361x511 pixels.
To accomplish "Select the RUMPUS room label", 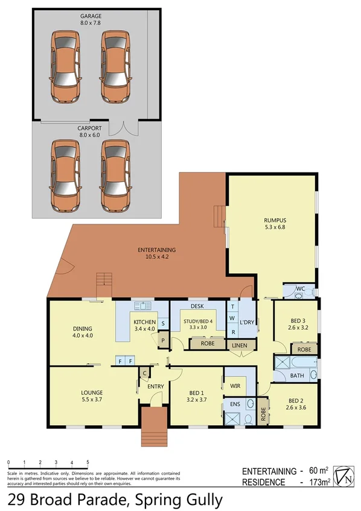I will (x=274, y=220).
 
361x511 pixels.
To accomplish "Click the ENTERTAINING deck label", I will (x=156, y=250).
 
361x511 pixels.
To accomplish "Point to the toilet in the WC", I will (x=307, y=291).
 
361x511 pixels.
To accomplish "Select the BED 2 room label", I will (x=295, y=401).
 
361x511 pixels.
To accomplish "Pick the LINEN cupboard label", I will (x=239, y=345).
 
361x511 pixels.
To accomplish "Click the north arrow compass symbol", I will (x=342, y=475).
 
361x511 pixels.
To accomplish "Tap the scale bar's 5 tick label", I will (x=88, y=463).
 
